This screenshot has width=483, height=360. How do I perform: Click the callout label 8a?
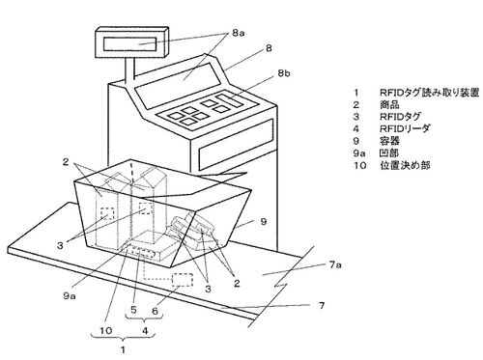pyautogui.click(x=238, y=33)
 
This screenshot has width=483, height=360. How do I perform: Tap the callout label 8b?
pyautogui.click(x=284, y=73)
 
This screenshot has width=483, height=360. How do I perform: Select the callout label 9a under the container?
pyautogui.click(x=70, y=295)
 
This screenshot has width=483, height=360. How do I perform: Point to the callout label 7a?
pyautogui.click(x=335, y=265)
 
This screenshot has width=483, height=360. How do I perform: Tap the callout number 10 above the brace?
pyautogui.click(x=105, y=330)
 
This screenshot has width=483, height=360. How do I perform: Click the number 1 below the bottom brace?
pyautogui.click(x=123, y=349)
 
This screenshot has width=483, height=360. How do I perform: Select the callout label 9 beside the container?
pyautogui.click(x=264, y=221)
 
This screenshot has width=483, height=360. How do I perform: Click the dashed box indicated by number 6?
pyautogui.click(x=183, y=280)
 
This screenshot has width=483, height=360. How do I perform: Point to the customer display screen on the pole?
pyautogui.click(x=130, y=44)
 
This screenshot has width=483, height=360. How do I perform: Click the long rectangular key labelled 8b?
pyautogui.click(x=229, y=99)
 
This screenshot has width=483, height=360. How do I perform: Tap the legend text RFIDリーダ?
pyautogui.click(x=405, y=128)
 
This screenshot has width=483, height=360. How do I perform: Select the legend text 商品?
pyautogui.click(x=389, y=104)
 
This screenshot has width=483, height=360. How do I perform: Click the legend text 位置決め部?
pyautogui.click(x=405, y=165)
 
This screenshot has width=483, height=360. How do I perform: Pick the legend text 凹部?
pyautogui.click(x=389, y=153)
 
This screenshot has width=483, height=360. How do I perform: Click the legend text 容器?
pyautogui.click(x=389, y=141)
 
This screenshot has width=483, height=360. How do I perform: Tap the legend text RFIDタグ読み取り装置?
pyautogui.click(x=430, y=93)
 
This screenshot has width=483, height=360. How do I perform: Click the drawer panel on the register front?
pyautogui.click(x=236, y=145)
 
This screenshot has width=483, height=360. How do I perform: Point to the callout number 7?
pyautogui.click(x=322, y=305)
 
